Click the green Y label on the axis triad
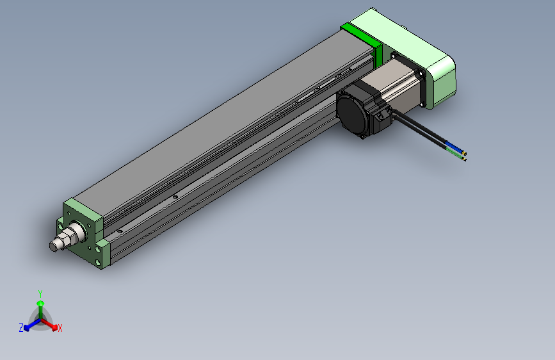click(x=40, y=293)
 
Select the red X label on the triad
click(x=60, y=328)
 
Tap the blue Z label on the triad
click(x=21, y=327)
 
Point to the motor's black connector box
click(x=383, y=118)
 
